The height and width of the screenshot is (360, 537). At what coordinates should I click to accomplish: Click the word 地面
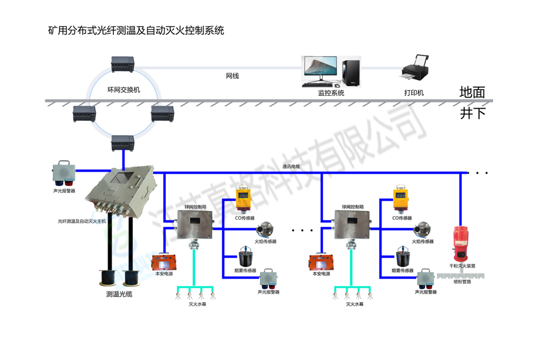pyautogui.click(x=472, y=92)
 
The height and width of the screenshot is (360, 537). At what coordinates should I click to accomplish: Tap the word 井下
pyautogui.click(x=472, y=113)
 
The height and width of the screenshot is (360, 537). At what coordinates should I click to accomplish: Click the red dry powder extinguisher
pyautogui.click(x=462, y=244)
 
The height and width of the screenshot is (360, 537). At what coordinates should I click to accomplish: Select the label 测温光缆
pyautogui.click(x=119, y=295)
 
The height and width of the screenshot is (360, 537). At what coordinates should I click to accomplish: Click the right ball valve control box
pyautogui.click(x=353, y=225)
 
